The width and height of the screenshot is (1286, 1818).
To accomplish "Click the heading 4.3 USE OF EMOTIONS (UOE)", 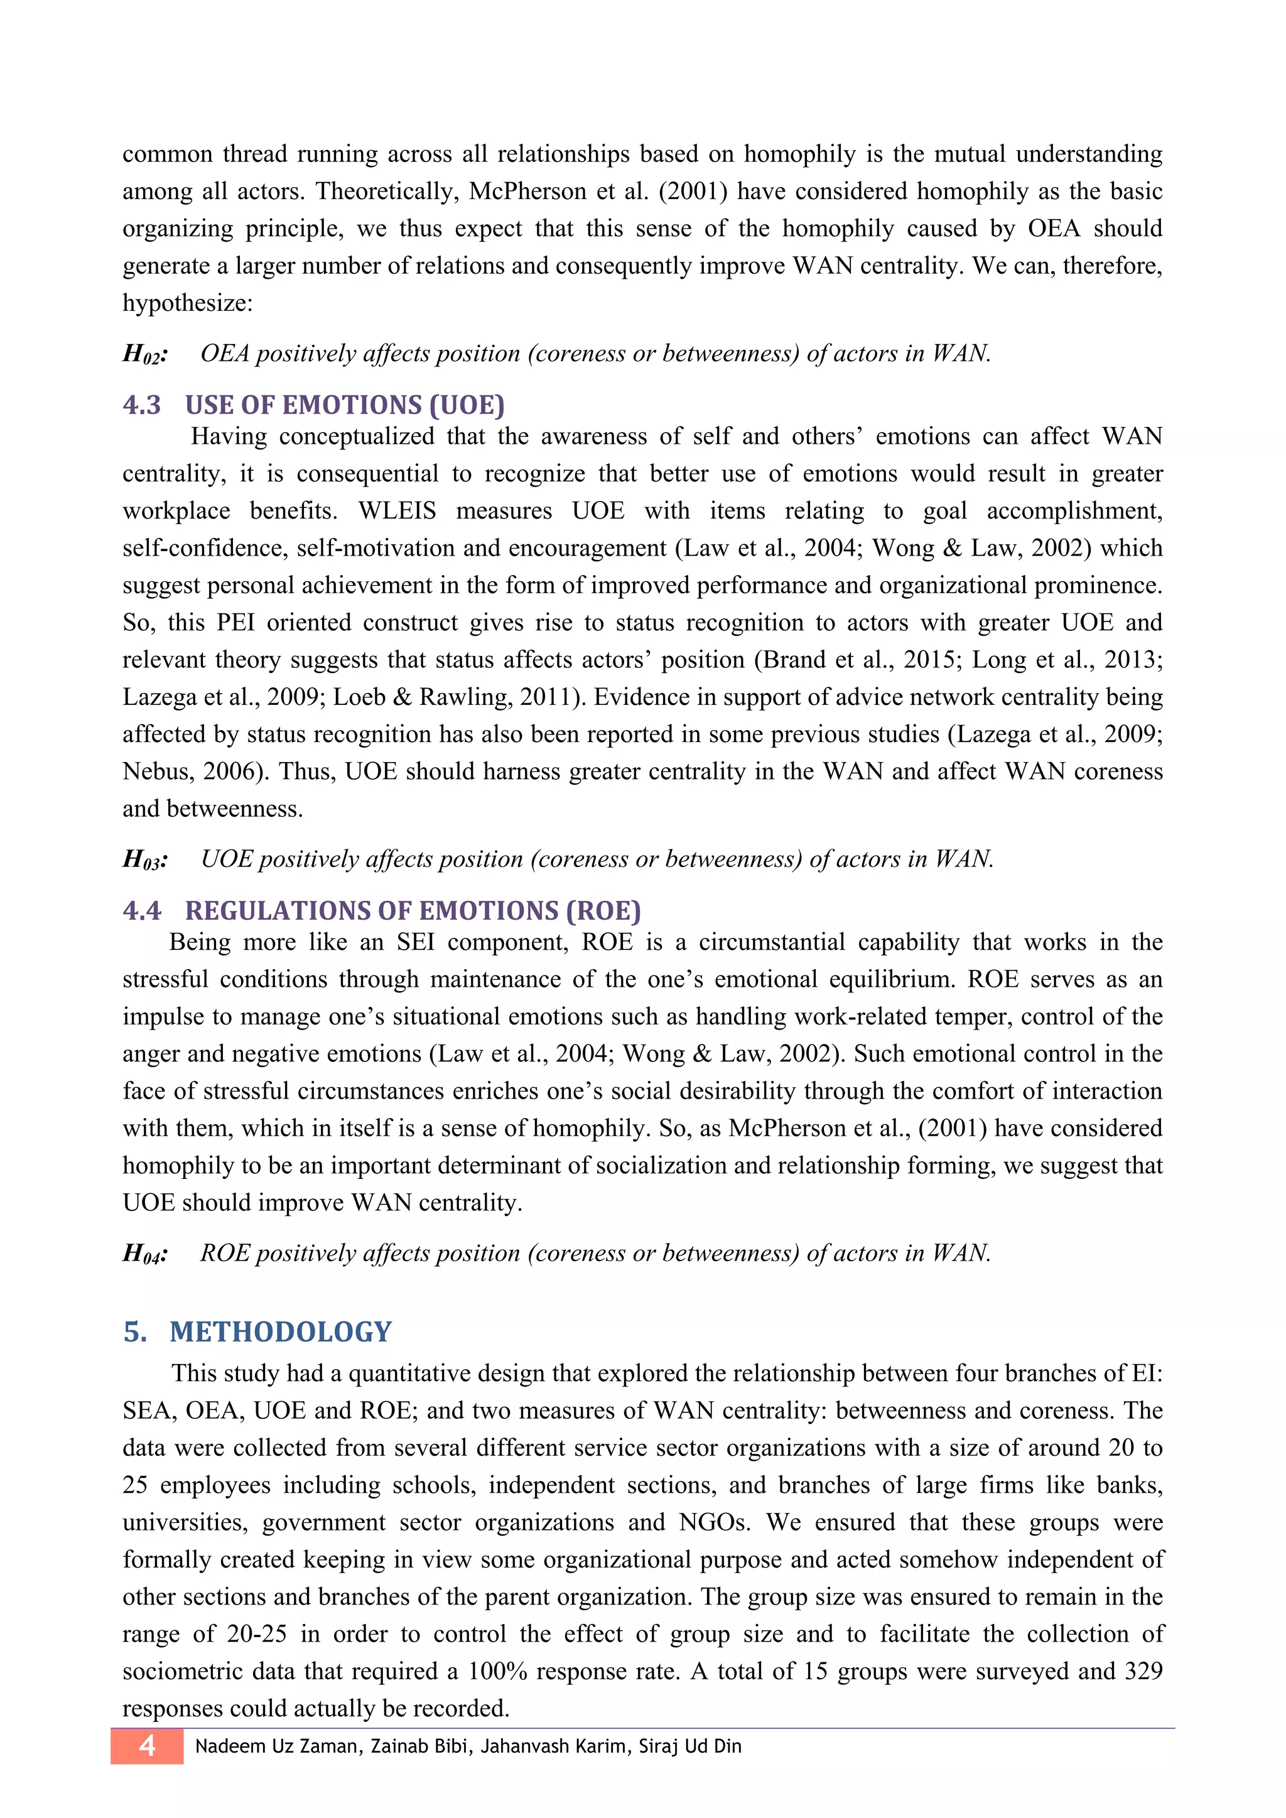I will [313, 406].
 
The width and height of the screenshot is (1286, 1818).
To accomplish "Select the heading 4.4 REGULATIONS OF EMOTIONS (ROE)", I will [381, 912].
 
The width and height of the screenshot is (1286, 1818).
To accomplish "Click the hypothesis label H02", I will [146, 355].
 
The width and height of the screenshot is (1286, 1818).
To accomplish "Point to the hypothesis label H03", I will [146, 861].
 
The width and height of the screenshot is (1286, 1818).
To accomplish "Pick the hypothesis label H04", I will [146, 1254].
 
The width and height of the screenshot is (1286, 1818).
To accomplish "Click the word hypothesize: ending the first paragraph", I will [188, 303].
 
